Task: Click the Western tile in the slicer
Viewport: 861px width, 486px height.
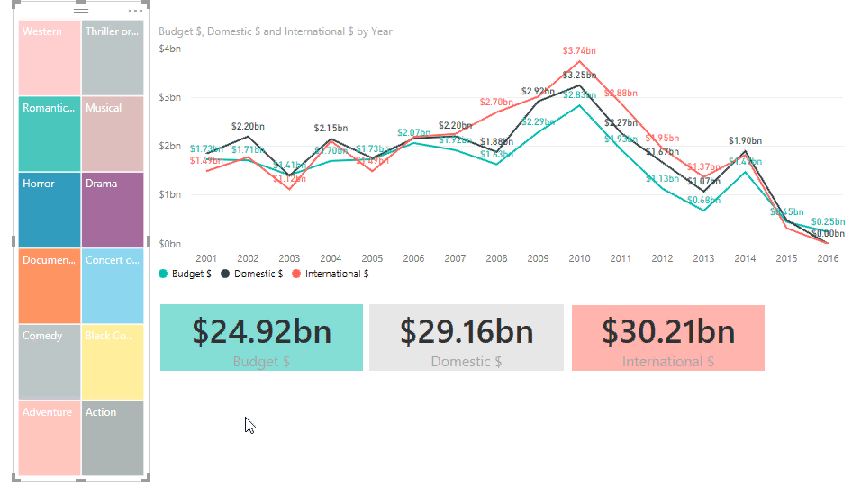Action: pyautogui.click(x=49, y=58)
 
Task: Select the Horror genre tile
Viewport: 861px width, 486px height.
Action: pyautogui.click(x=49, y=210)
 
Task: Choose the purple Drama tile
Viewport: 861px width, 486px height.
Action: pyautogui.click(x=112, y=210)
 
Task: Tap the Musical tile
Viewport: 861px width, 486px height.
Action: pyautogui.click(x=112, y=133)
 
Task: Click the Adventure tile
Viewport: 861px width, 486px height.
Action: pyautogui.click(x=49, y=437)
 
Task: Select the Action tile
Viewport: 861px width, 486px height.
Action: pyautogui.click(x=112, y=437)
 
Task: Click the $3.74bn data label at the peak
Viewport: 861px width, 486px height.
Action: pyautogui.click(x=579, y=51)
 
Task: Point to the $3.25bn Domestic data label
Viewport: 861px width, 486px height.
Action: pyautogui.click(x=579, y=76)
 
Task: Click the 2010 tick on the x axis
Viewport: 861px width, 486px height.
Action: pyautogui.click(x=579, y=259)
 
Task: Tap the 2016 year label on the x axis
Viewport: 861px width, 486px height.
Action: pyautogui.click(x=828, y=259)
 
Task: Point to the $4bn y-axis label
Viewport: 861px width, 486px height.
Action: pyautogui.click(x=170, y=49)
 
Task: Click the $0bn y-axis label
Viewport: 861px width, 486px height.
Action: pyautogui.click(x=170, y=244)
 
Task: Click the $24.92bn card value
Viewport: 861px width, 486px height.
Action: pyautogui.click(x=261, y=331)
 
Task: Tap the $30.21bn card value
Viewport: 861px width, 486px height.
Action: pyautogui.click(x=668, y=331)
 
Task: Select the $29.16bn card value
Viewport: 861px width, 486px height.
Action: pyautogui.click(x=467, y=331)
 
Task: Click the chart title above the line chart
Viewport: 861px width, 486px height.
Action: pyautogui.click(x=276, y=31)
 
